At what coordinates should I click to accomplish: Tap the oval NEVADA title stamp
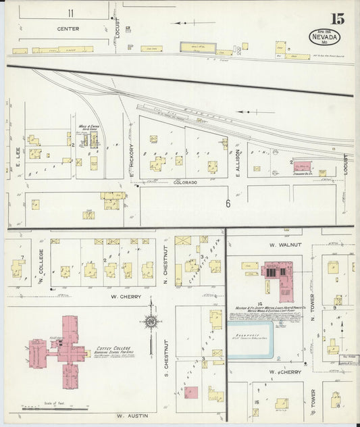point(325,36)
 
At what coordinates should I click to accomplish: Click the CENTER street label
point(68,29)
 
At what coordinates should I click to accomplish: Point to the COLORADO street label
point(184,182)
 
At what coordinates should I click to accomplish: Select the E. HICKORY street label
point(132,162)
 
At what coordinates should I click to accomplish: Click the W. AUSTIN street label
point(131,416)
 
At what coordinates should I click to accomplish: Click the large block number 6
point(228,203)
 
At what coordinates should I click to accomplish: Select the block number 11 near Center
point(70,13)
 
